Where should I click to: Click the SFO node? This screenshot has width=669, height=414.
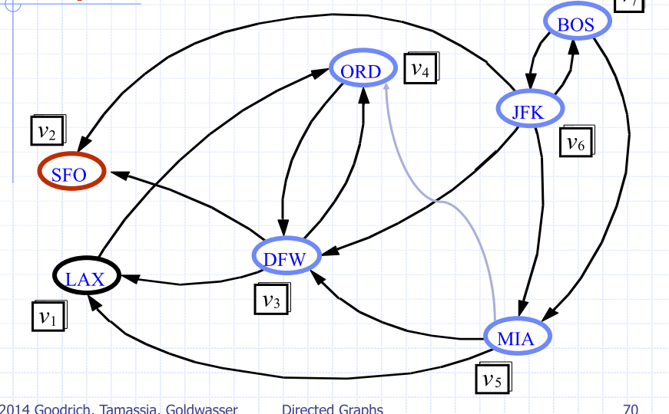coord(71,174)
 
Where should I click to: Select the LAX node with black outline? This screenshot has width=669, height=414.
coord(85,278)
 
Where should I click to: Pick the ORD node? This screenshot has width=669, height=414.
coord(361,71)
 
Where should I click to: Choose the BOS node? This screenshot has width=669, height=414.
coord(576,25)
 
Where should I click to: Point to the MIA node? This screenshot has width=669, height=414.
coord(518,337)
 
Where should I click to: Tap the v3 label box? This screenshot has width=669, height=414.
coord(271,298)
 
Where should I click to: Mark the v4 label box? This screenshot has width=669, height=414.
coord(420,68)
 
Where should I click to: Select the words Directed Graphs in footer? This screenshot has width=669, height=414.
coord(333,408)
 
